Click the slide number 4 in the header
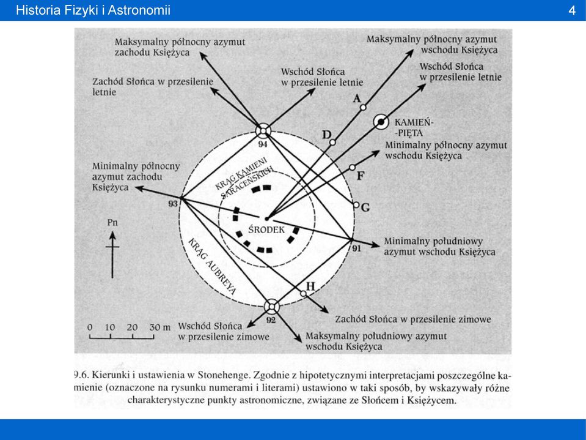[572, 10]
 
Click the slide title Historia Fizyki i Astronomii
[93, 10]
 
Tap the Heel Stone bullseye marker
[381, 122]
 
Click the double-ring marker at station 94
[263, 131]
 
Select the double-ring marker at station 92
[272, 307]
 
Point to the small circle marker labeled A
[363, 107]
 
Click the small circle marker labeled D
[332, 142]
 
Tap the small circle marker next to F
[352, 168]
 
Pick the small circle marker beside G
[356, 205]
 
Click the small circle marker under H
[303, 294]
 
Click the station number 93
[173, 204]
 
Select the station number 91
[356, 248]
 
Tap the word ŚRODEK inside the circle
[266, 229]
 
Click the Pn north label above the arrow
[112, 223]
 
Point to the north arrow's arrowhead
[112, 236]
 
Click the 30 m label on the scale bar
[160, 327]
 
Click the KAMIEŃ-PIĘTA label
[414, 127]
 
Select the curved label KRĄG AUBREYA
[211, 266]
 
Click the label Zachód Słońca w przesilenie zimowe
[413, 319]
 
